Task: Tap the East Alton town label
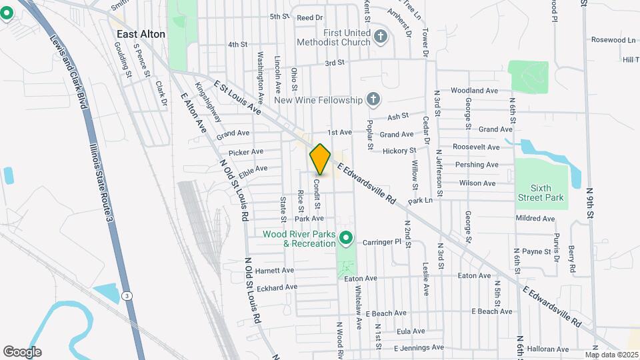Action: [x=141, y=34]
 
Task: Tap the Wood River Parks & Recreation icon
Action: [x=345, y=237]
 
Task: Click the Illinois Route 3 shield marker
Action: [x=127, y=295]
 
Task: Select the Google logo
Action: [x=22, y=351]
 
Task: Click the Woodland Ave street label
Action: [x=474, y=90]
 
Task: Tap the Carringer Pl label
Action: [x=383, y=241]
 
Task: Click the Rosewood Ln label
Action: [x=613, y=40]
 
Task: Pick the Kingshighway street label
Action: [x=208, y=102]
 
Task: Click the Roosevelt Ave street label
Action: [x=476, y=147]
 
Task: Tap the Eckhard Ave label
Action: [x=277, y=287]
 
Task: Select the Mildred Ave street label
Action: [x=535, y=218]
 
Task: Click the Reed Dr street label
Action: [x=310, y=17]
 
